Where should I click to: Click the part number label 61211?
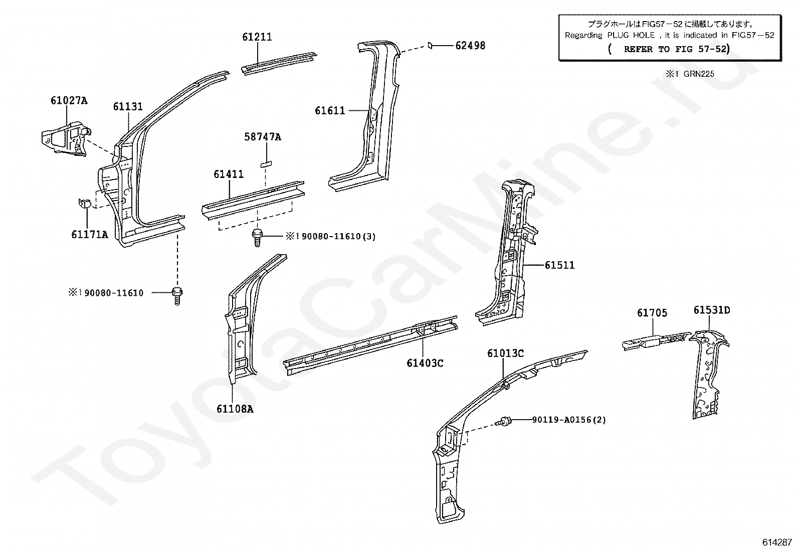pyautogui.click(x=257, y=37)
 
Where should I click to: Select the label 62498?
pyautogui.click(x=470, y=46)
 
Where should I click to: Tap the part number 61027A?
pyautogui.click(x=69, y=100)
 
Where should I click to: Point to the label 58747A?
pyautogui.click(x=263, y=136)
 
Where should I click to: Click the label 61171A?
pyautogui.click(x=90, y=234)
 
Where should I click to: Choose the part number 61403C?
pyautogui.click(x=425, y=363)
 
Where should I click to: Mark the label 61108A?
pyautogui.click(x=235, y=409)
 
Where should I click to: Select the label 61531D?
pyautogui.click(x=711, y=310)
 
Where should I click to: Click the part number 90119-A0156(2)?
pyautogui.click(x=568, y=420)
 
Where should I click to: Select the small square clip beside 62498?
pyautogui.click(x=430, y=46)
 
